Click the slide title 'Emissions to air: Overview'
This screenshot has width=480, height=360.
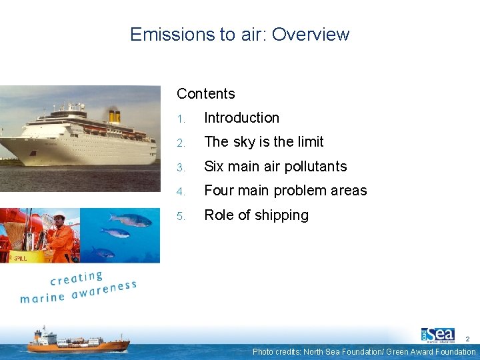click(239, 34)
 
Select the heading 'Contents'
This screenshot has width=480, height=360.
click(205, 94)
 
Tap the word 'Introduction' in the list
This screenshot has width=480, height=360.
click(241, 118)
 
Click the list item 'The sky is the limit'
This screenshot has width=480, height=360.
click(263, 142)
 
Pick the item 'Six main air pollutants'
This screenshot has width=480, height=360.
click(275, 167)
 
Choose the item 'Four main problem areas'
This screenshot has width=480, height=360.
click(285, 191)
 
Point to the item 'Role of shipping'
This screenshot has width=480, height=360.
click(256, 215)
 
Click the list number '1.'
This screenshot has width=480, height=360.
click(181, 119)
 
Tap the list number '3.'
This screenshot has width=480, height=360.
click(181, 167)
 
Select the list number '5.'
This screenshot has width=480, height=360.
click(181, 216)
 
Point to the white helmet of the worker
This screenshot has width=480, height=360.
click(59, 215)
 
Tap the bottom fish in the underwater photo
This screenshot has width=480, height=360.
click(103, 252)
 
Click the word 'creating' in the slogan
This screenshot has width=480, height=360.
click(77, 277)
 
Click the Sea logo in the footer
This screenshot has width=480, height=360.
click(437, 335)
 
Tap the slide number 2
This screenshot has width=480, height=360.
click(467, 339)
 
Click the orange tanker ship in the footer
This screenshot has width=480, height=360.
click(77, 341)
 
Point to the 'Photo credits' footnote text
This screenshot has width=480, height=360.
click(364, 351)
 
